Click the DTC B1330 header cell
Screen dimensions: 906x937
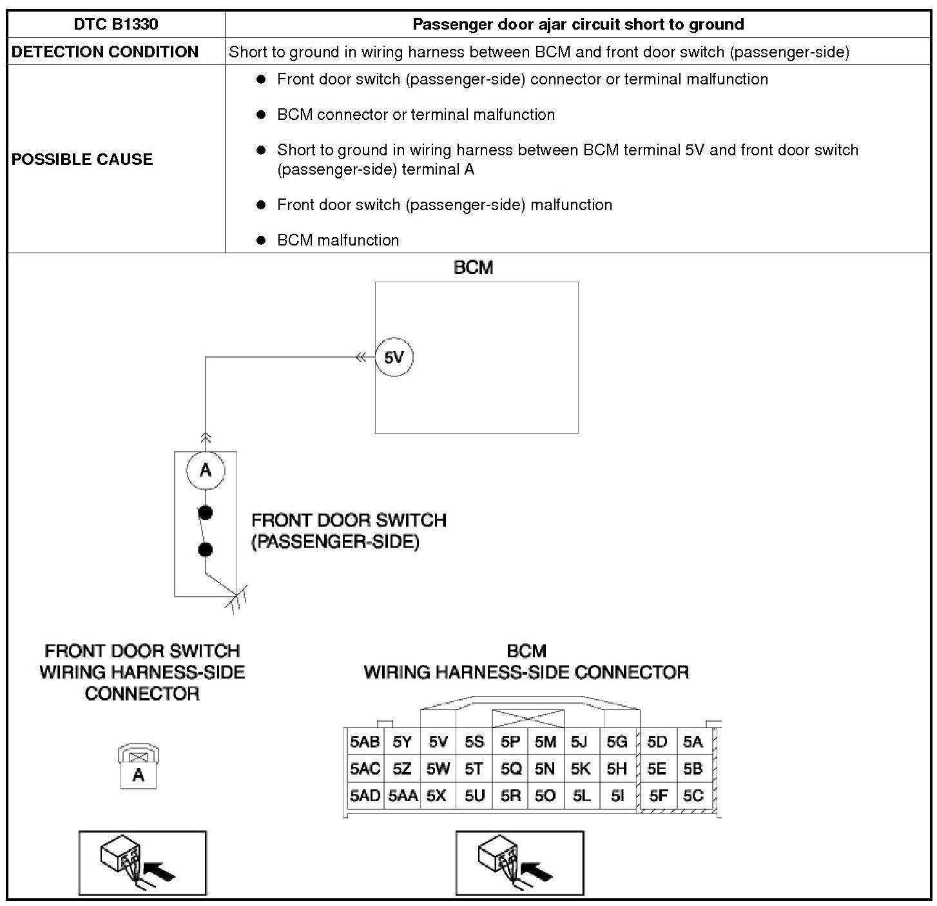click(116, 24)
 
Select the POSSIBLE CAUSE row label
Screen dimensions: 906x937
click(82, 159)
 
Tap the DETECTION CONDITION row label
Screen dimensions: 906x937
click(105, 52)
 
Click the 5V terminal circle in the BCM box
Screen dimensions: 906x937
click(394, 358)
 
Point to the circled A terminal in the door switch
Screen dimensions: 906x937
click(206, 470)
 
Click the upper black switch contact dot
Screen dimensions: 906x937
click(206, 513)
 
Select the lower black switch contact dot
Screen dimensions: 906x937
click(206, 550)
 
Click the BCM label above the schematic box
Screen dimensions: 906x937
click(474, 267)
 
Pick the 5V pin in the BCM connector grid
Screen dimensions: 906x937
click(438, 742)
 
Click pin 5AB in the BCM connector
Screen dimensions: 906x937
click(365, 742)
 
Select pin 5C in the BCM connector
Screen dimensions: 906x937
click(693, 796)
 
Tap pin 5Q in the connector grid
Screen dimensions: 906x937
click(510, 769)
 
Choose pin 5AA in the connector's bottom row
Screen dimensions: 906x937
click(403, 796)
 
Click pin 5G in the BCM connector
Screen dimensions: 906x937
click(617, 742)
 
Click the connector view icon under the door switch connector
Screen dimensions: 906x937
click(142, 863)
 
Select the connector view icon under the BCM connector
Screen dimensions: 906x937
click(519, 863)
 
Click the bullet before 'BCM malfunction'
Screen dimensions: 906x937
click(261, 240)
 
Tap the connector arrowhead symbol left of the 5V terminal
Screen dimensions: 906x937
click(362, 358)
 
